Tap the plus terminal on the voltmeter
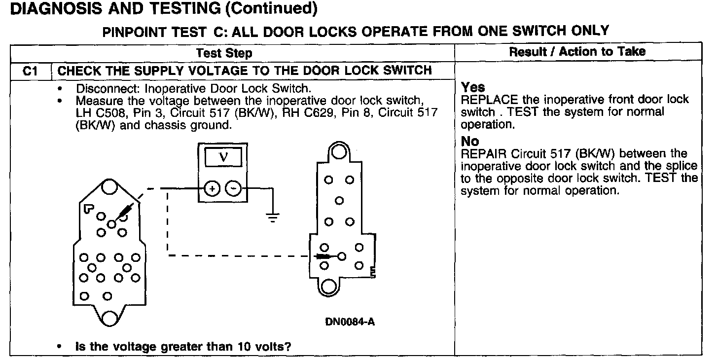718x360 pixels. pyautogui.click(x=212, y=188)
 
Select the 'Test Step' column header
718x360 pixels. pyautogui.click(x=224, y=53)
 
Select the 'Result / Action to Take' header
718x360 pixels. pyautogui.click(x=577, y=51)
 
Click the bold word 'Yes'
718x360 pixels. pyautogui.click(x=473, y=88)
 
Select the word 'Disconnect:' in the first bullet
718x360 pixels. pyautogui.click(x=101, y=89)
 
